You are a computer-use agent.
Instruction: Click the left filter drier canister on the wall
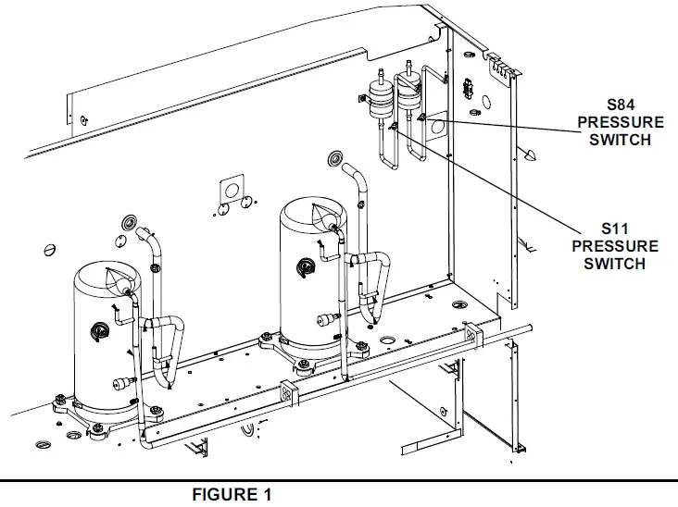tap(377, 96)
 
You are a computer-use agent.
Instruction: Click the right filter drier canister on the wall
tap(408, 94)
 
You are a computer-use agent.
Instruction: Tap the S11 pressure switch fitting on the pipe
tap(393, 126)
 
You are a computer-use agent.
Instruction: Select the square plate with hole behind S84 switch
tap(434, 130)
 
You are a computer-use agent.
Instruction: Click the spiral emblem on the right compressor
tap(303, 269)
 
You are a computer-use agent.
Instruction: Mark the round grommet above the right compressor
tap(333, 160)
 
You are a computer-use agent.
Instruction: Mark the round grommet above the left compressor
tap(128, 223)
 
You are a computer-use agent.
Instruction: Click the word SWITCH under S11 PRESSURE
tap(615, 264)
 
